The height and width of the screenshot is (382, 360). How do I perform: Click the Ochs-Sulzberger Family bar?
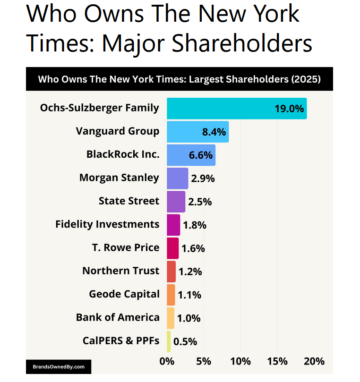tap(236, 109)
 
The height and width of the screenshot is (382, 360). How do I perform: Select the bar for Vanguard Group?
tap(197, 132)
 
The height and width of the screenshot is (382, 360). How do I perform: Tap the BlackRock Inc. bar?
tap(191, 155)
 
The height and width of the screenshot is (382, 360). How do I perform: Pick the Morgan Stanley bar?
tap(177, 178)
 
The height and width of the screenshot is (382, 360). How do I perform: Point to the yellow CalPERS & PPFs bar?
tap(169, 341)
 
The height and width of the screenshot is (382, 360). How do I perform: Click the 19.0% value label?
tap(289, 109)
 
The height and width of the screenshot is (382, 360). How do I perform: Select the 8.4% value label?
tap(214, 132)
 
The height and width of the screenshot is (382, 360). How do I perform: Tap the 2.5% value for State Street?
tap(200, 202)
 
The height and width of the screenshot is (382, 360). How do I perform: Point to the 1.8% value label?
tap(195, 225)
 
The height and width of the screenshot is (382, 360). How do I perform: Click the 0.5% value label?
tap(185, 342)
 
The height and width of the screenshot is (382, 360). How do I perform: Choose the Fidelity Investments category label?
tap(107, 224)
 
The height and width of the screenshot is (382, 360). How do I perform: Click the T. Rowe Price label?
tap(125, 247)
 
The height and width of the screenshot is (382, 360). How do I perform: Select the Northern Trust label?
tap(120, 271)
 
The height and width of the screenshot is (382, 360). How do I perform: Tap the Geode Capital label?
tap(124, 294)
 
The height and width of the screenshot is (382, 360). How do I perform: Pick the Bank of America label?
tap(118, 317)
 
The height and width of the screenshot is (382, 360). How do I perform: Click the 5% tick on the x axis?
tap(204, 361)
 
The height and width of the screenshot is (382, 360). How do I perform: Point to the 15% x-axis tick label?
tap(277, 361)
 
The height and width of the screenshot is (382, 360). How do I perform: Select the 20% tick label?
tap(314, 361)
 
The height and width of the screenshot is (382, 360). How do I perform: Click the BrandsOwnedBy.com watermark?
tap(59, 366)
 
